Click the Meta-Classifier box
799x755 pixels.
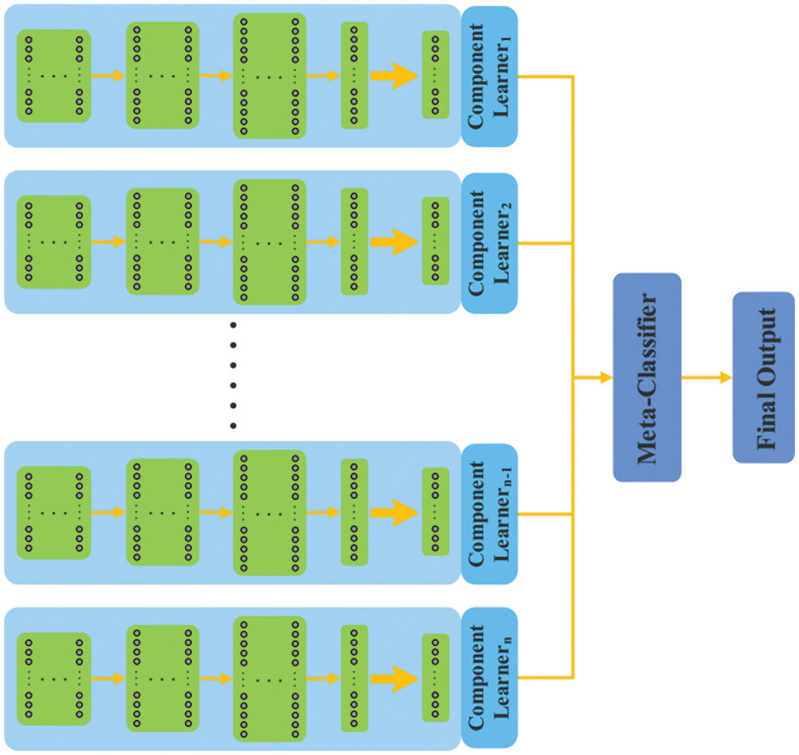tap(647, 377)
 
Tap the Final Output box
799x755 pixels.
tap(762, 377)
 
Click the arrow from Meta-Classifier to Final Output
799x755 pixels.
tap(706, 377)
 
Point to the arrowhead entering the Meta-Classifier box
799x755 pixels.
tap(606, 377)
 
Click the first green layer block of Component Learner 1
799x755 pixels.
tap(54, 76)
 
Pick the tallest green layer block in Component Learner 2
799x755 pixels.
tap(269, 242)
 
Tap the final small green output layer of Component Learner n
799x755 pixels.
tap(435, 678)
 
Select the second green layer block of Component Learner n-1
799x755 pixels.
tap(162, 513)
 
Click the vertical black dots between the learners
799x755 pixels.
tap(233, 375)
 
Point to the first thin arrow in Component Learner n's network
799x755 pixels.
tap(108, 678)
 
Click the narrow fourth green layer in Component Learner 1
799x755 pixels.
tap(354, 76)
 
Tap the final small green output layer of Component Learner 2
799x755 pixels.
tap(435, 242)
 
